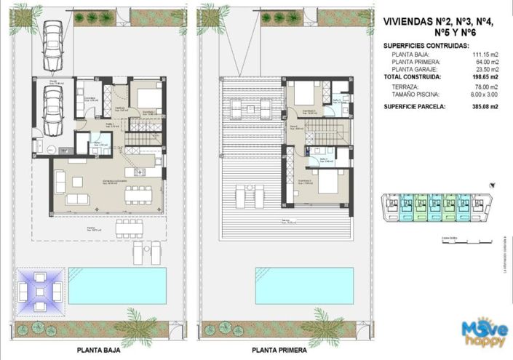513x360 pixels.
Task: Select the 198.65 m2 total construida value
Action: click(x=483, y=76)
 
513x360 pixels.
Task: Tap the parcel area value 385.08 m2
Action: click(x=483, y=106)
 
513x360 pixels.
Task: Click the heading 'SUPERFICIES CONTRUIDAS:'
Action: click(x=426, y=45)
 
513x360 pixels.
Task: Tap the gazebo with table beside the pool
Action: click(x=40, y=289)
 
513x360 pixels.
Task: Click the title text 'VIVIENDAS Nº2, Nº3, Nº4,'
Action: click(x=438, y=22)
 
